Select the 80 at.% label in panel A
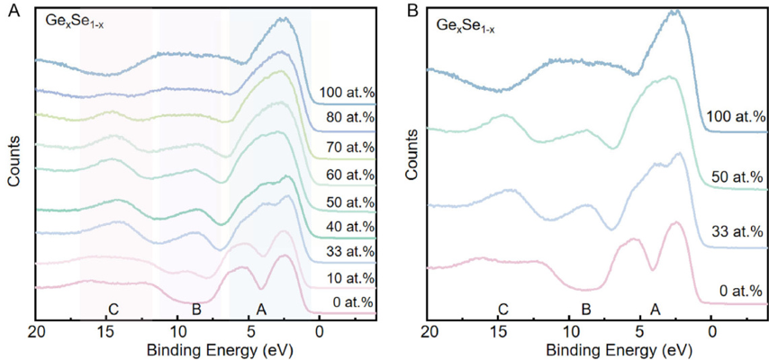coord(351,118)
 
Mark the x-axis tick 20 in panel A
coord(36,330)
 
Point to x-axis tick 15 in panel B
coord(500,330)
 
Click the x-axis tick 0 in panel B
coord(712,330)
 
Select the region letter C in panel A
coord(113,310)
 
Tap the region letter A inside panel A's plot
coord(261,310)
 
